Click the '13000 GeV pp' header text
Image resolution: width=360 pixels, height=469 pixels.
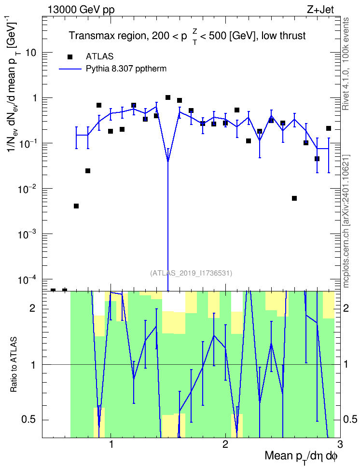click(81, 10)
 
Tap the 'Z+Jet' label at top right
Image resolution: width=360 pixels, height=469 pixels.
click(320, 10)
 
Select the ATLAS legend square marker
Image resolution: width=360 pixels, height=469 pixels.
click(70, 57)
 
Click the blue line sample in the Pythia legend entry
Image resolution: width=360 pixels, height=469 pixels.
click(70, 69)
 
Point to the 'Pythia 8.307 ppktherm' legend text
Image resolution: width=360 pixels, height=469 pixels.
click(126, 69)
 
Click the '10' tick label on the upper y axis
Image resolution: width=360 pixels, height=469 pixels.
click(31, 53)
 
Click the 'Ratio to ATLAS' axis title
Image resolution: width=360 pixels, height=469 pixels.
click(14, 364)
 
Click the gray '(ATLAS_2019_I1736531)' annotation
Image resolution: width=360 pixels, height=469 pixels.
click(191, 273)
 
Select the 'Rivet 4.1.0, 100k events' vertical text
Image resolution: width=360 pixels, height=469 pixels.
click(346, 64)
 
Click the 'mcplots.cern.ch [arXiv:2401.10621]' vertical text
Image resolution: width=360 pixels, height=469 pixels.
click(346, 221)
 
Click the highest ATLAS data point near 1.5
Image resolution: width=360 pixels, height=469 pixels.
click(168, 97)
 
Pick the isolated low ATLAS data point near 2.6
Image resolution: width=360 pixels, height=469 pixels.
click(294, 198)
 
